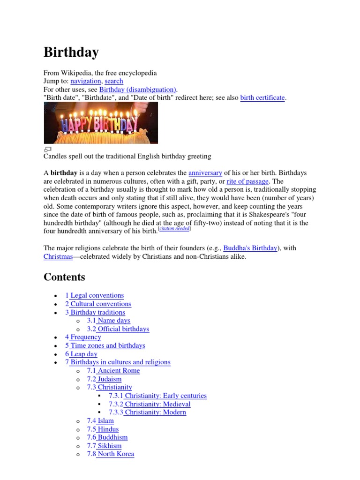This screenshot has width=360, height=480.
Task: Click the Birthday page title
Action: (71, 52)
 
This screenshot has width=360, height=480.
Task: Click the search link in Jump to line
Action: (114, 81)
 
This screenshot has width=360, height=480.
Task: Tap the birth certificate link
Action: (262, 98)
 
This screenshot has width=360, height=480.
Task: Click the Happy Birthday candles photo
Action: (101, 123)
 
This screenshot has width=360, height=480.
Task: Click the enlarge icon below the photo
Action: (47, 150)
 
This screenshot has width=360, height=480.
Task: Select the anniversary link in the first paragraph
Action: (205, 173)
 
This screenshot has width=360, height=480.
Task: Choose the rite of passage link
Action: (247, 181)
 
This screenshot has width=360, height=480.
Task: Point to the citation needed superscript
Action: (175, 229)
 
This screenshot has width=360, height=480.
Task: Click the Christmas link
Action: (58, 256)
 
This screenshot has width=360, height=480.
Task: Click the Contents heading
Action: (64, 277)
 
